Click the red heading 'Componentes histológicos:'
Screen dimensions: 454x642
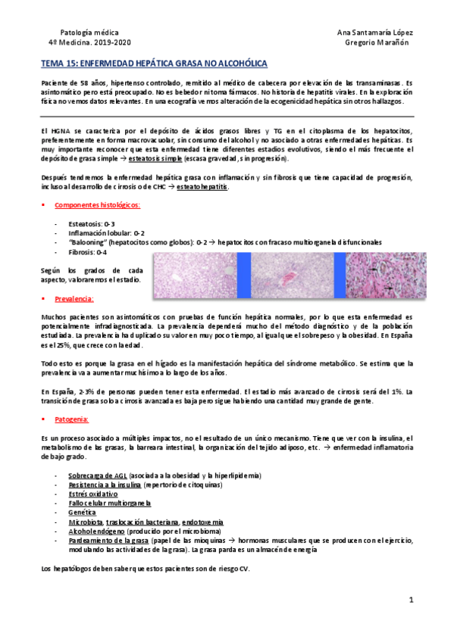(x=97, y=205)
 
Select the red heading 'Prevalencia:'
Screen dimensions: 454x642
(x=77, y=300)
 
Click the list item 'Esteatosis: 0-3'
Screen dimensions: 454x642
(x=94, y=224)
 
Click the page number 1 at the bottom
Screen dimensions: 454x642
(x=410, y=600)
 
